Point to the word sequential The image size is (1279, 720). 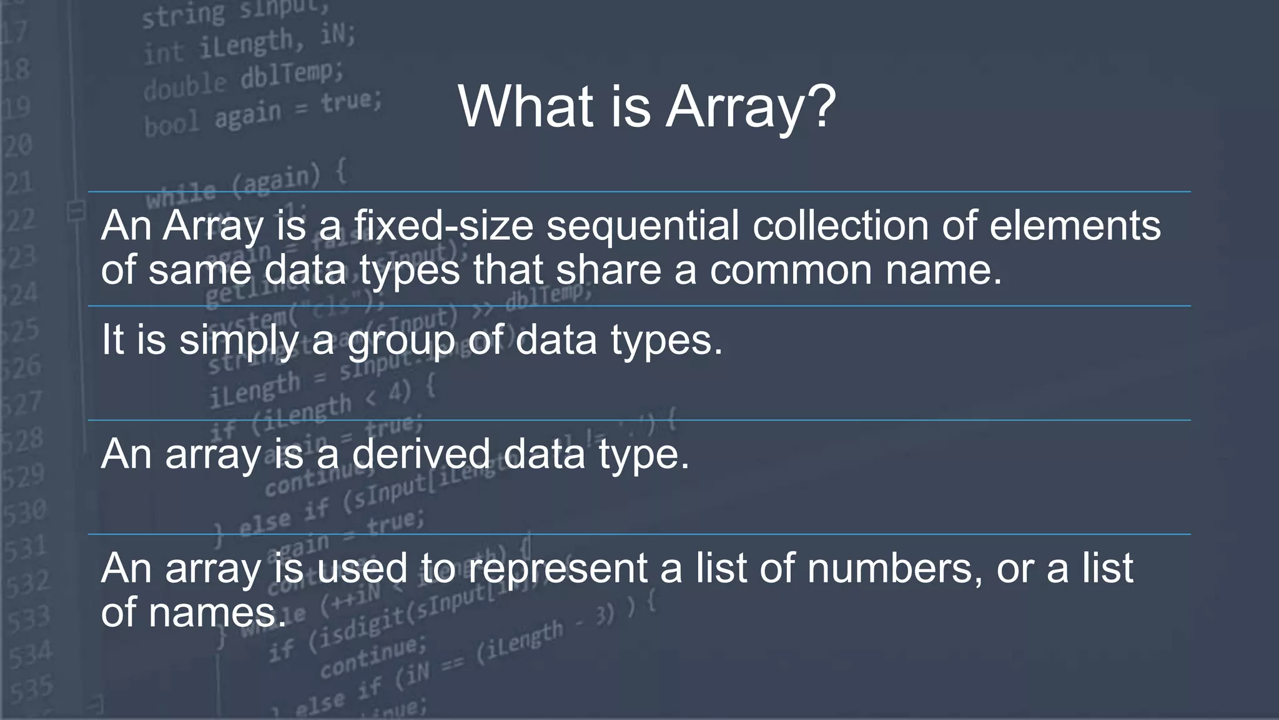(x=643, y=226)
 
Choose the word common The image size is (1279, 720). (x=791, y=270)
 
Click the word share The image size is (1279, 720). (x=608, y=270)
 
